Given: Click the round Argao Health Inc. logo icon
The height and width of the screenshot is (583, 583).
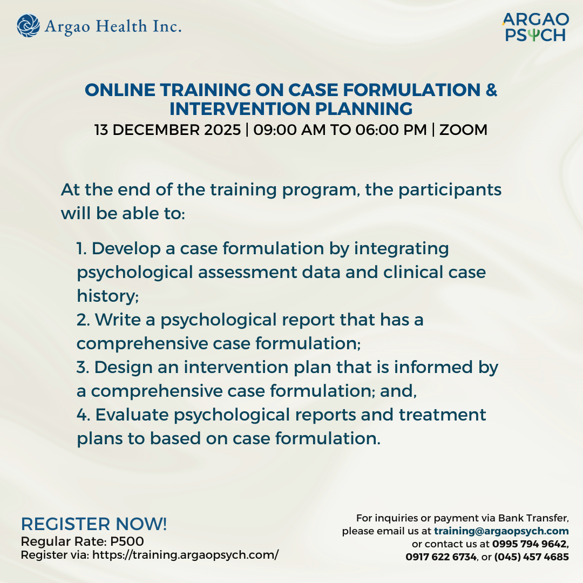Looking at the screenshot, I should tap(28, 26).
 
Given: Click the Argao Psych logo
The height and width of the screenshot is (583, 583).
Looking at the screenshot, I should tap(535, 28).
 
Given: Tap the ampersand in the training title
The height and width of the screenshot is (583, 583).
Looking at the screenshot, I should tap(491, 90).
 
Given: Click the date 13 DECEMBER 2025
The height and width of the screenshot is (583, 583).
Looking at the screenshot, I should tap(168, 130).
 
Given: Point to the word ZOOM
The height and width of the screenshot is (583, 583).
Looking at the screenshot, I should tap(464, 130).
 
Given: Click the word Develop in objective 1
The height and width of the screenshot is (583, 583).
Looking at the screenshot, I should tap(126, 249).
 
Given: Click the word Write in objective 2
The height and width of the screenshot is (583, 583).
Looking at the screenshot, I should tap(117, 320).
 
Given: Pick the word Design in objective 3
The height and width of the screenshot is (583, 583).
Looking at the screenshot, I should tap(122, 367).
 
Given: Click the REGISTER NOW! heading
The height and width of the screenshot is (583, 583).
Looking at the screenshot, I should tap(94, 524).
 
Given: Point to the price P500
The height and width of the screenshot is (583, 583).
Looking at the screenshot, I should tap(128, 541).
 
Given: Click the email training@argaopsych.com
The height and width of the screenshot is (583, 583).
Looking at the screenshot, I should tap(501, 531).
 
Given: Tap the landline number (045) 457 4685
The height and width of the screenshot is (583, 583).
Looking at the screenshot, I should tap(532, 557).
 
